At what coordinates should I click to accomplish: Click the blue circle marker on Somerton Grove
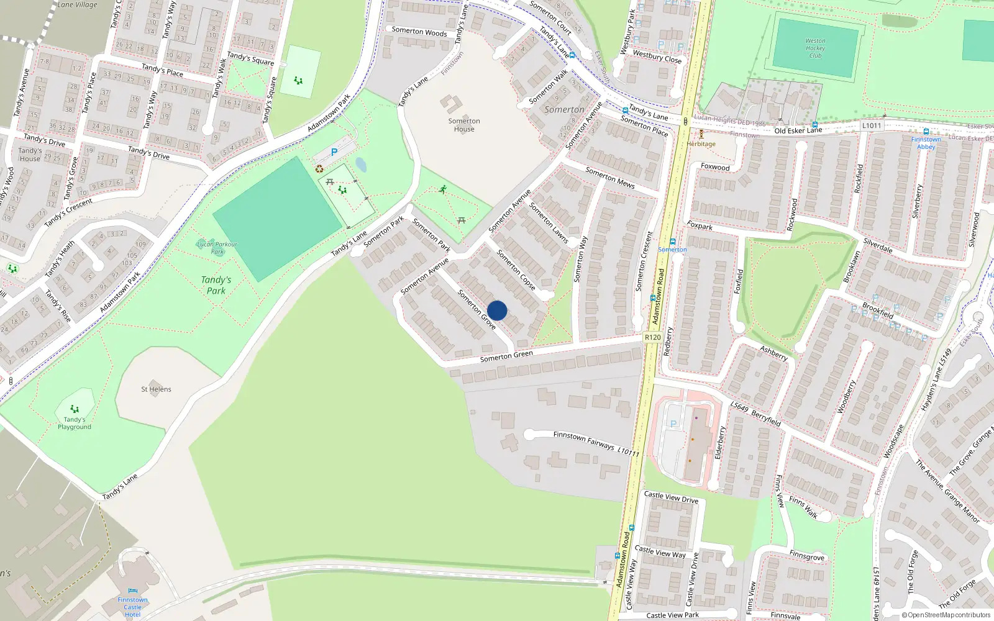tap(497, 310)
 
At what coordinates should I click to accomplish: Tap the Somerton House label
tap(464, 125)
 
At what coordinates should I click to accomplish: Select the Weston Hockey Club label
tap(815, 48)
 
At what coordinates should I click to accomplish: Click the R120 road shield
tap(652, 337)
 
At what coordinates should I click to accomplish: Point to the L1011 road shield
tap(872, 125)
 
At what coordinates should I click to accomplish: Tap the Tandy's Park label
tap(216, 285)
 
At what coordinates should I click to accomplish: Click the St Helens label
tap(156, 389)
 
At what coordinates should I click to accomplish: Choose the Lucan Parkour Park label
tap(217, 248)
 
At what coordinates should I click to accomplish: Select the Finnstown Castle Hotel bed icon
tap(132, 591)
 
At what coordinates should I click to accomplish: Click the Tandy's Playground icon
tap(75, 409)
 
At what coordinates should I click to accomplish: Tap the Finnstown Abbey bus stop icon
tap(926, 132)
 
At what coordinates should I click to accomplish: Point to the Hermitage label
tap(701, 144)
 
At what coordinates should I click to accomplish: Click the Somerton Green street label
tap(506, 356)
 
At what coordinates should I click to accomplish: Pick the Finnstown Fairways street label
tap(584, 440)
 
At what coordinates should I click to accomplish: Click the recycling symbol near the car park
tap(319, 168)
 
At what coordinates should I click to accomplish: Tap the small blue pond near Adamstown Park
tap(360, 165)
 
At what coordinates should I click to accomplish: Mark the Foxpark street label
tap(700, 225)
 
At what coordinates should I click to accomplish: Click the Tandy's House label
tap(30, 155)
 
